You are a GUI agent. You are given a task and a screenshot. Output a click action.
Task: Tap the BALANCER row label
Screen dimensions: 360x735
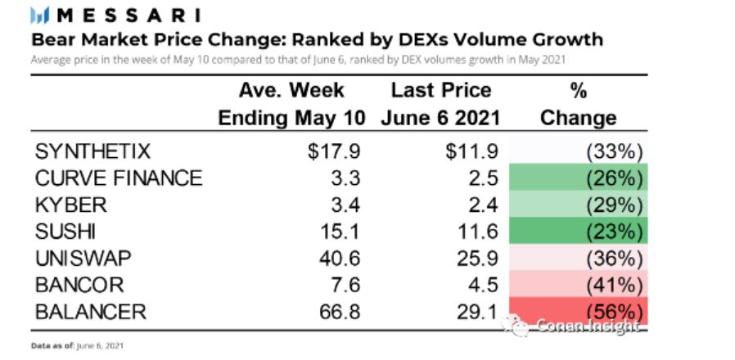point(90,312)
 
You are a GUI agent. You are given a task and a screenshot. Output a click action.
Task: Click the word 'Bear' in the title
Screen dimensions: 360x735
point(52,39)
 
